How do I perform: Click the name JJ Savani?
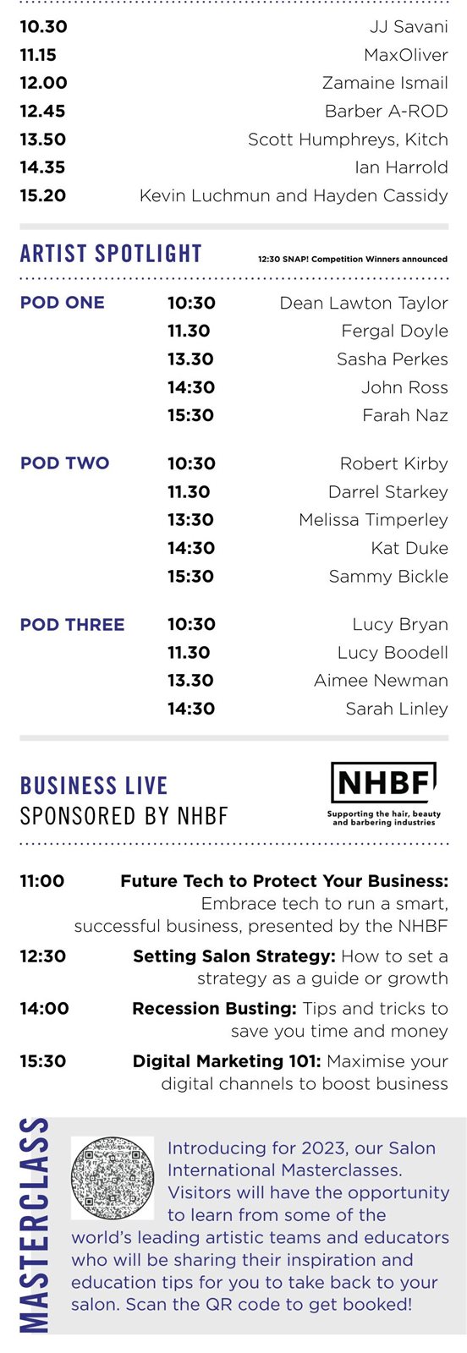coord(409,26)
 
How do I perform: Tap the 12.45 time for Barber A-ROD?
coord(42,111)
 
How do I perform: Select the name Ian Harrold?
coord(401,167)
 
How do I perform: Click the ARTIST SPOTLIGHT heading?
coord(111,254)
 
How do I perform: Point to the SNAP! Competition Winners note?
coord(353,259)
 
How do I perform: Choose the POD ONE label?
coord(63,303)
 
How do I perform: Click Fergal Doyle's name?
coord(394,331)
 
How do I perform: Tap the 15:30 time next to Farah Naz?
coord(190,415)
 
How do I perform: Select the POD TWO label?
coord(64,463)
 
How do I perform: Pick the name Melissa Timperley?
coord(373,520)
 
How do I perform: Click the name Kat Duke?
coord(409,548)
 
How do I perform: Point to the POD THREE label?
coord(72,625)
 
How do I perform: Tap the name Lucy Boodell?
coord(393,652)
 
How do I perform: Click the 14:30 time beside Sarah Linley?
coord(191,709)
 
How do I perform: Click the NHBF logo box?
coord(383,782)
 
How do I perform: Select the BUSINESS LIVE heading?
coord(94,786)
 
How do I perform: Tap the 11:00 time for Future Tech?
coord(41,881)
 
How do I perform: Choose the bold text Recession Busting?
coord(215,1009)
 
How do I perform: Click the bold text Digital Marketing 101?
coord(228,1061)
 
